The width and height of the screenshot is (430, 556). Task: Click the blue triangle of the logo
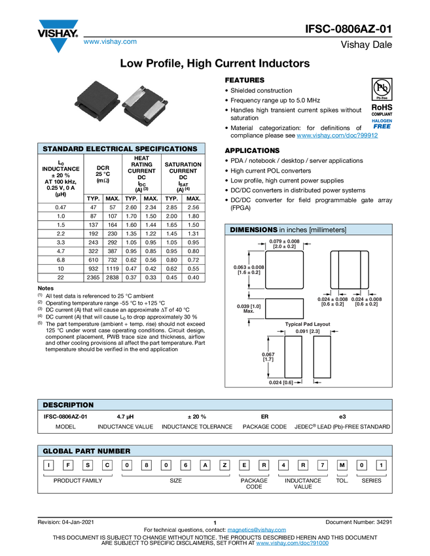[x=58, y=46]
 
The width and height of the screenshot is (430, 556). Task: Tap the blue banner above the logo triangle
[x=58, y=24]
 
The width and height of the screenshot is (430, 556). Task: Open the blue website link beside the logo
[x=110, y=42]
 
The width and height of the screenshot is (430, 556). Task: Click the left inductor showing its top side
[x=97, y=103]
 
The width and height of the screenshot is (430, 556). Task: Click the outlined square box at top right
[x=382, y=88]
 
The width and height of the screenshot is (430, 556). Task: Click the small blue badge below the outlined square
[x=382, y=122]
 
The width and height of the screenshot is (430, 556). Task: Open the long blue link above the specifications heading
[x=337, y=135]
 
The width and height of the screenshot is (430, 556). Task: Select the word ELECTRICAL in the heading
[x=110, y=149]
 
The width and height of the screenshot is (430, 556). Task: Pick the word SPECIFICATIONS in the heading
[x=167, y=149]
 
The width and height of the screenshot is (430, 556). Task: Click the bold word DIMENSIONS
[x=253, y=230]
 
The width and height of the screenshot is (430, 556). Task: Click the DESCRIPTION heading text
[x=68, y=405]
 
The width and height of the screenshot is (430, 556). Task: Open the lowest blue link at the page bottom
[x=292, y=544]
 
